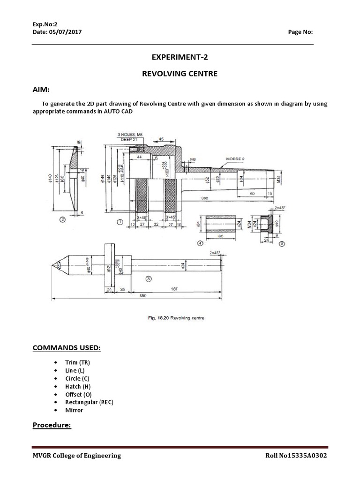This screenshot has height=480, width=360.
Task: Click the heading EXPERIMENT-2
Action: [180, 58]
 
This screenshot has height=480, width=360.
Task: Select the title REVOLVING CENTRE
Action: [180, 74]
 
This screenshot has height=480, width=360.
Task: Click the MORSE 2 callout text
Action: [236, 158]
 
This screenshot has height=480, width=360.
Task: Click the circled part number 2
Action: [62, 218]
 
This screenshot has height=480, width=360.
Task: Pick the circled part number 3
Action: [149, 278]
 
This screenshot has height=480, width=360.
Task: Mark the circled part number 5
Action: [281, 244]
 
